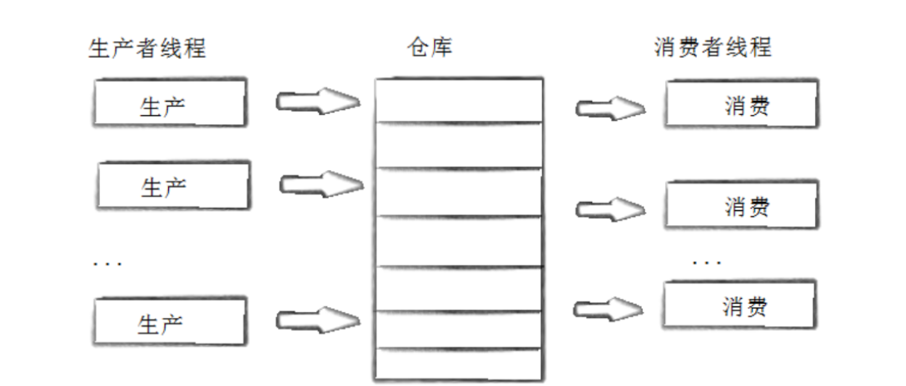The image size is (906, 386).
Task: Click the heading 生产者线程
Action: [x=147, y=48]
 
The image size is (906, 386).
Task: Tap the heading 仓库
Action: [x=430, y=48]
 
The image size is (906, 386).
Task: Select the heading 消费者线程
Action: [x=713, y=48]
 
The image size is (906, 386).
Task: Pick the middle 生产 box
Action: [x=172, y=186]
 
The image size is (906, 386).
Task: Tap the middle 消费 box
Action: [x=741, y=204]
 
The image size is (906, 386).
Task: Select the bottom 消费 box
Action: [x=739, y=305]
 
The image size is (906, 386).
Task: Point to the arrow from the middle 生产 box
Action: [x=321, y=184]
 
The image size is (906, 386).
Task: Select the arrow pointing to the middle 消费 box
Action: [x=610, y=209]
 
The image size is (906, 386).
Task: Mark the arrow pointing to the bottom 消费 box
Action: [x=608, y=309]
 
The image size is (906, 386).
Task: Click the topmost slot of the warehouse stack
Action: [x=458, y=100]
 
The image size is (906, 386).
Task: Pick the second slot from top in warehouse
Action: [x=458, y=145]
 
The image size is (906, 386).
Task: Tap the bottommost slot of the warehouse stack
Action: [x=458, y=364]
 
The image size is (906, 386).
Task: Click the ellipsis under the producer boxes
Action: [x=107, y=264]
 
